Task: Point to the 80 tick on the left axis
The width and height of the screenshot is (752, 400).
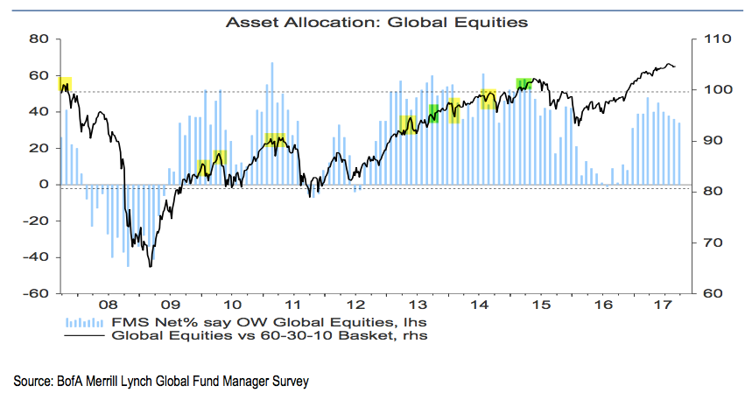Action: pyautogui.click(x=37, y=39)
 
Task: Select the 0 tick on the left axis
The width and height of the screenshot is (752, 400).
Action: pyautogui.click(x=43, y=185)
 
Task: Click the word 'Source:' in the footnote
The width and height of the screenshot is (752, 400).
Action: pyautogui.click(x=33, y=382)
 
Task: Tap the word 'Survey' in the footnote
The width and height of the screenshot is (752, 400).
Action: pyautogui.click(x=290, y=382)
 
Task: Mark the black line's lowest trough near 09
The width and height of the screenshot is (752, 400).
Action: pyautogui.click(x=151, y=267)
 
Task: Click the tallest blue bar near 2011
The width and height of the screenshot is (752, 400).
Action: pyautogui.click(x=272, y=63)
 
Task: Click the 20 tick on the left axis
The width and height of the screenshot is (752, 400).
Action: pyautogui.click(x=37, y=148)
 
